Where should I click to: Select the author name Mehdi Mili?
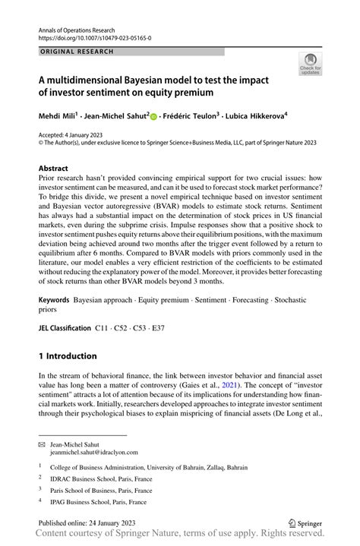pyautogui.click(x=61, y=116)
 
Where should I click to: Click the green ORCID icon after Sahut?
pyautogui.click(x=153, y=117)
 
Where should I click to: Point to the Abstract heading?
pyautogui.click(x=59, y=168)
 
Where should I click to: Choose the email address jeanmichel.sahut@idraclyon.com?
pyautogui.click(x=94, y=452)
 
